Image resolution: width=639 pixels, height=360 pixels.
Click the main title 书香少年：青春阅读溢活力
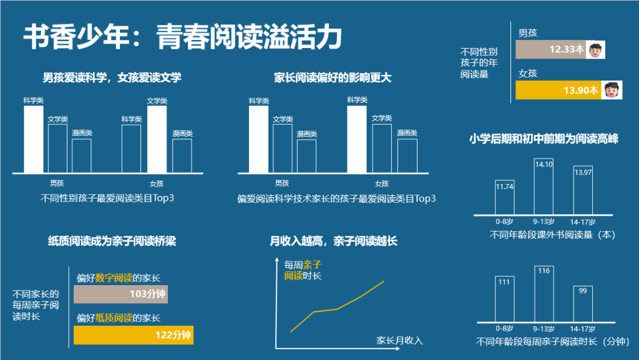click(183, 37)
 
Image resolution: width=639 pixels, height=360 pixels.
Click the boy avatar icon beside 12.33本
click(596, 49)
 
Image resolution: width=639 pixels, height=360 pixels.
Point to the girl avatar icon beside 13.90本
click(613, 90)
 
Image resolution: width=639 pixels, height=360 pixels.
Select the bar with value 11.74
click(504, 197)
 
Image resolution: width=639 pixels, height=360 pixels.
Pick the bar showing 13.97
click(583, 190)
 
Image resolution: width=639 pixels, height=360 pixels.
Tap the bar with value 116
click(544, 294)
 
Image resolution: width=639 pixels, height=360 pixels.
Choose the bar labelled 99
click(583, 304)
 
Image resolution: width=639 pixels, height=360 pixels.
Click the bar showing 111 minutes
click(504, 299)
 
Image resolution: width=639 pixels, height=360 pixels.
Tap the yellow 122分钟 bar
click(134, 335)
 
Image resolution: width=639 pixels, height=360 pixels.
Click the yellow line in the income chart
click(337, 308)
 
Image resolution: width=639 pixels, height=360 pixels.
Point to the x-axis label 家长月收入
click(400, 341)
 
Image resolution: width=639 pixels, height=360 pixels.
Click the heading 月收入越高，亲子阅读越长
click(333, 241)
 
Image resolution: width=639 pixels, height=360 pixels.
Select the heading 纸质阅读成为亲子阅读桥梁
click(112, 241)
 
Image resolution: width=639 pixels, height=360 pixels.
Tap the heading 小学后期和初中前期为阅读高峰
click(544, 139)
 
